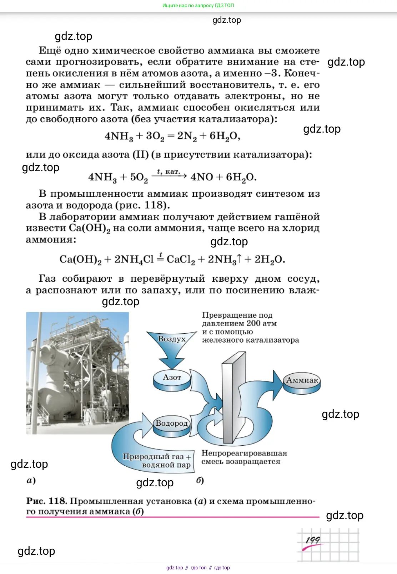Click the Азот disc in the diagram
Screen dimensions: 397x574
172,380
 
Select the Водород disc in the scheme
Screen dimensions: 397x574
172,427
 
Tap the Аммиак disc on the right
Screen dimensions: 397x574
302,384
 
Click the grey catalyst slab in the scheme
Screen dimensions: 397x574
233,398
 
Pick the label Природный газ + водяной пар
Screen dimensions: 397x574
157,461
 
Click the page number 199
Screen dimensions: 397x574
313,540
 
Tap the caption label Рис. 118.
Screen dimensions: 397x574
46,501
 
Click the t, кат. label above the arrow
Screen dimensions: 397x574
169,171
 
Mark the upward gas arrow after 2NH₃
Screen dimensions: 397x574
239,259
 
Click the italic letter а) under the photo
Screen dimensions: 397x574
31,480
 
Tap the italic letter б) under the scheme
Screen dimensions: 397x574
200,480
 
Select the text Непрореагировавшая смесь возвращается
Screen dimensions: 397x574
244,457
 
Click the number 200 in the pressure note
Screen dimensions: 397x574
253,323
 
